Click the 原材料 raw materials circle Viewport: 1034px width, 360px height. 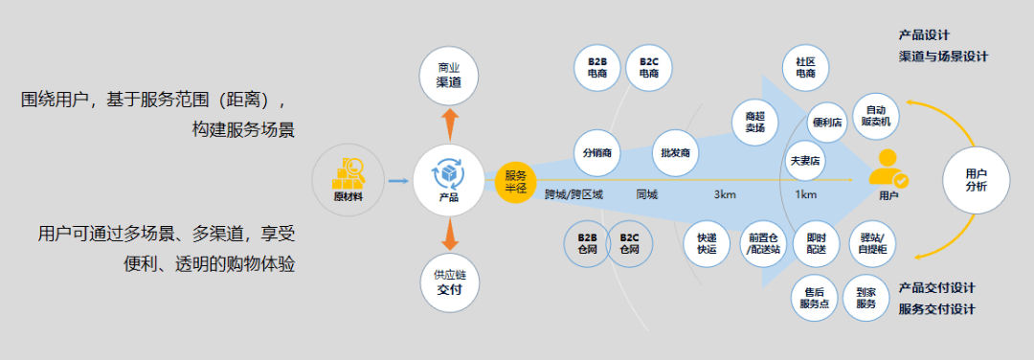tap(349, 179)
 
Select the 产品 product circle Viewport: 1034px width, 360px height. tap(448, 179)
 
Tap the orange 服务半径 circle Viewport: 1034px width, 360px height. tap(516, 180)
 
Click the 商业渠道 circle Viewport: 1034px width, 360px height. tap(448, 76)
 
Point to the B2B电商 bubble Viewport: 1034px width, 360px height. tap(597, 68)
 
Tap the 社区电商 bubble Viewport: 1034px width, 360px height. tap(805, 67)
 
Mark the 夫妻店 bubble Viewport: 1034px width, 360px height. tap(804, 160)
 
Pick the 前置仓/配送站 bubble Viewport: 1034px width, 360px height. tap(764, 243)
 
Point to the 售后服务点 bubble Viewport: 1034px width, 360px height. tap(815, 297)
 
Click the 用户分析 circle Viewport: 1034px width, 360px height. tap(976, 180)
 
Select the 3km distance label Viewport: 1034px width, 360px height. tap(725, 195)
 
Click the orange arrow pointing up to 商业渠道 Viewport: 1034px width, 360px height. tap(448, 124)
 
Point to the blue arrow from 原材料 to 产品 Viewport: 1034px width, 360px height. tap(397, 179)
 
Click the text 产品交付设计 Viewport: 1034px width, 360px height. tap(937, 287)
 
